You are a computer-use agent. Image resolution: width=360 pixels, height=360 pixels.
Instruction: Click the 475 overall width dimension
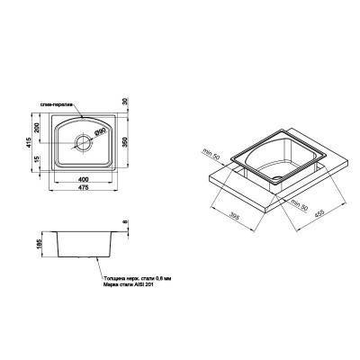tap(82, 186)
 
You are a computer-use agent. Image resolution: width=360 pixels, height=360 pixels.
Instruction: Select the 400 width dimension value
tap(82, 177)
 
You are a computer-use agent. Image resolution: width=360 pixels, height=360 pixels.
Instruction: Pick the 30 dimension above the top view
tap(133, 102)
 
